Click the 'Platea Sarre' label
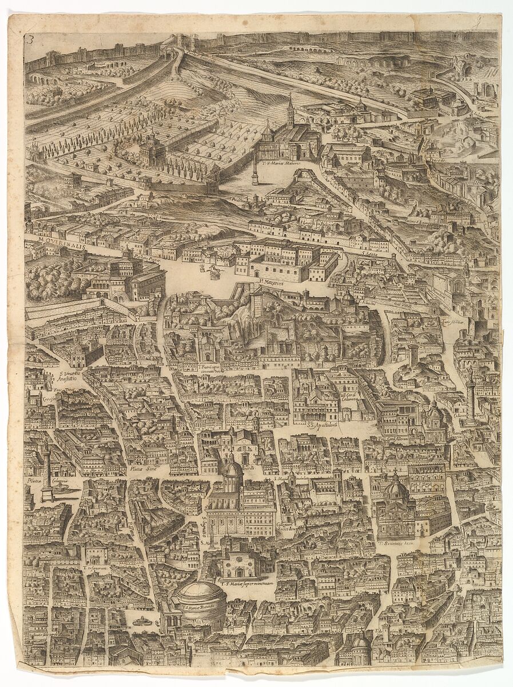pos(144,468)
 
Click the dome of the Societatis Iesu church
pos(395,489)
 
